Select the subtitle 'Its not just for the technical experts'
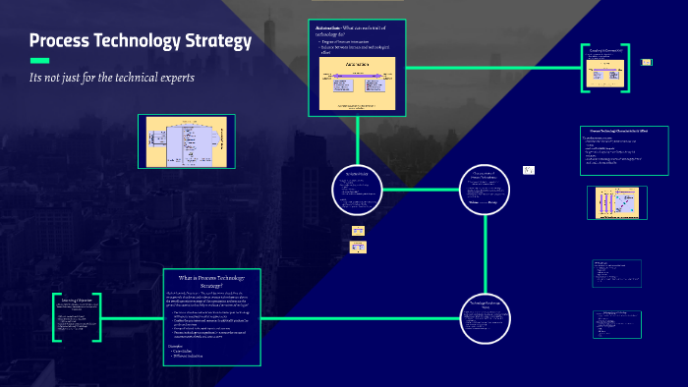[x=112, y=77]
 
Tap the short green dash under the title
[x=40, y=60]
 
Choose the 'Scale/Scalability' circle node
[x=357, y=189]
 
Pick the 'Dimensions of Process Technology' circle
[x=487, y=188]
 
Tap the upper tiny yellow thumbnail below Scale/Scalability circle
[x=358, y=230]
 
